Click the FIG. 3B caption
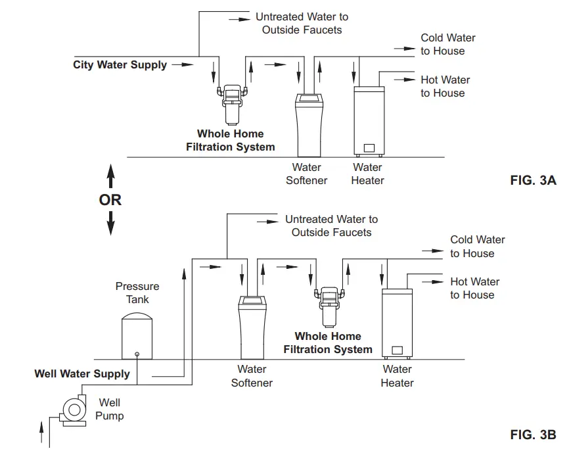(533, 435)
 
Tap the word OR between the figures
(110, 200)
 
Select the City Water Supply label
(120, 65)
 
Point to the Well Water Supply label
(82, 374)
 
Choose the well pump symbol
(70, 410)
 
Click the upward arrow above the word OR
(110, 176)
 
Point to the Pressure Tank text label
(137, 293)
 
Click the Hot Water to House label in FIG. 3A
(445, 86)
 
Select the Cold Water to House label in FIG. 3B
(477, 247)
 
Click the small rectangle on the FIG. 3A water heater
(369, 147)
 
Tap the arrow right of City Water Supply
(187, 65)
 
